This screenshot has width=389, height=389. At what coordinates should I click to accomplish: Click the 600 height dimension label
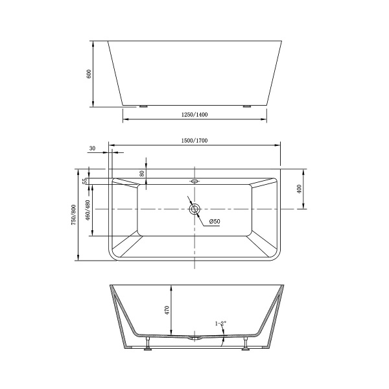(89, 74)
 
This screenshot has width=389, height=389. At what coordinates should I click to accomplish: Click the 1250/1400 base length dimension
(194, 114)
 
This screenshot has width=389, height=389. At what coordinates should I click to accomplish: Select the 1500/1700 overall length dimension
(194, 141)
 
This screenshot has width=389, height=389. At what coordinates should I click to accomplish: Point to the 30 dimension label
(92, 148)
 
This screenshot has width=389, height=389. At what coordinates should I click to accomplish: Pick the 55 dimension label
(85, 181)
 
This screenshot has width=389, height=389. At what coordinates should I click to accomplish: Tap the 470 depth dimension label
(167, 310)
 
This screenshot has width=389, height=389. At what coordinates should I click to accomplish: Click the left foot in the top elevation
(143, 106)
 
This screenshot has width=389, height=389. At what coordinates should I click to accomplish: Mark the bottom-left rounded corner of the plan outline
(112, 257)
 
